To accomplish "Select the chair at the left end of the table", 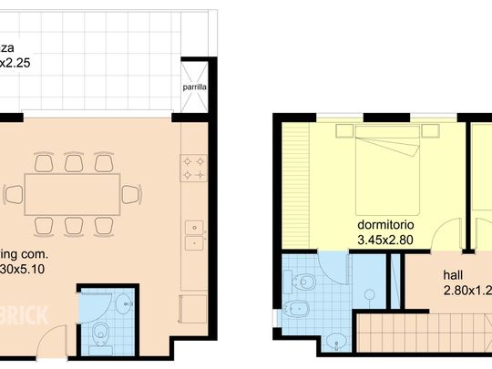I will point(14,194).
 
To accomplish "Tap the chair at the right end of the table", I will point(131,194).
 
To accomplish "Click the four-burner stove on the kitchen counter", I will point(193,167).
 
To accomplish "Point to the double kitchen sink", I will point(193,236).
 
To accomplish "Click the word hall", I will point(453,274).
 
